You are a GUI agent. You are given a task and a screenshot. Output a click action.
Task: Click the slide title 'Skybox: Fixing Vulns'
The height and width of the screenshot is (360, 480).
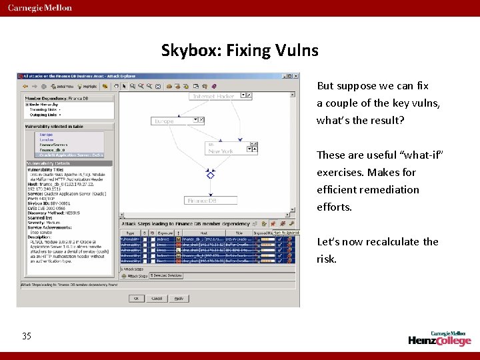(x=240, y=50)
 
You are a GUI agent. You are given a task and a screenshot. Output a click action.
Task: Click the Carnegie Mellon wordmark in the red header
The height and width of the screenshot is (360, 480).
(x=40, y=8)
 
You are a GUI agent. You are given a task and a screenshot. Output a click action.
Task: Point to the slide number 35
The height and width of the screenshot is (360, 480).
(x=27, y=336)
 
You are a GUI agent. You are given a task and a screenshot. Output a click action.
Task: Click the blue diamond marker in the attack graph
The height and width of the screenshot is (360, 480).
(x=211, y=175)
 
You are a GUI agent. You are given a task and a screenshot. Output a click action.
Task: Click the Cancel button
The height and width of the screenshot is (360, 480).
(x=157, y=298)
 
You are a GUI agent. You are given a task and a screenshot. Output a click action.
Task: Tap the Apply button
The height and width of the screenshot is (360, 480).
(x=179, y=298)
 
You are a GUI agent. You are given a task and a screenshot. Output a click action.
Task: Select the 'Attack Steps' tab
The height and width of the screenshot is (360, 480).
(x=134, y=275)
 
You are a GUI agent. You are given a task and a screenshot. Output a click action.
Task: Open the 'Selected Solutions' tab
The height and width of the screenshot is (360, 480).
(x=165, y=275)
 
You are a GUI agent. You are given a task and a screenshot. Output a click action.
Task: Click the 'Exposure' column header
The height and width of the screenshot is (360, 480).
(x=165, y=233)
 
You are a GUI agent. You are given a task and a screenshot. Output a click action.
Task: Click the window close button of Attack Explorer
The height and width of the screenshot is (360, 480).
(x=296, y=76)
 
